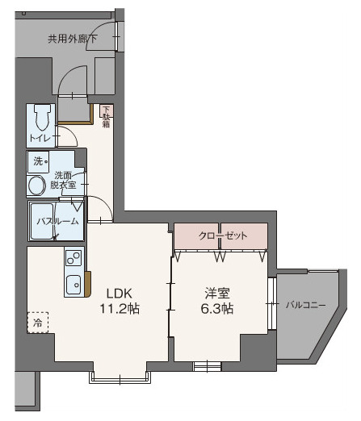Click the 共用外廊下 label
pyautogui.click(x=73, y=37)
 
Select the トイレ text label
pyautogui.click(x=39, y=139)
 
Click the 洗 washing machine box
pyautogui.click(x=40, y=161)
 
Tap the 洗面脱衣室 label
pyautogui.click(x=65, y=180)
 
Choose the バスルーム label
pyautogui.click(x=57, y=221)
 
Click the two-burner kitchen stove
pyautogui.click(x=73, y=260)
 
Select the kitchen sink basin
pyautogui.click(x=73, y=284)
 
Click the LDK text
pyautogui.click(x=112, y=292)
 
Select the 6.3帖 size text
pyautogui.click(x=217, y=308)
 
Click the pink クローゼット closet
pyautogui.click(x=221, y=236)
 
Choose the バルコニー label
pyautogui.click(x=306, y=305)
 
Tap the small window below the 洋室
pyautogui.click(x=208, y=365)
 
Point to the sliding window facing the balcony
pyautogui.click(x=272, y=305)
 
